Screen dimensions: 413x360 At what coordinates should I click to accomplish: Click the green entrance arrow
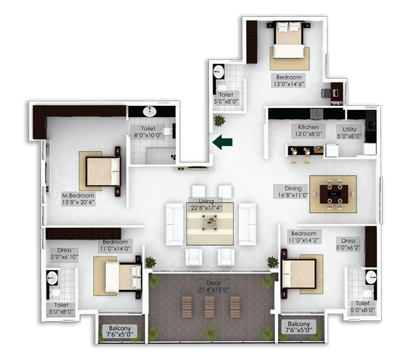click(x=222, y=142)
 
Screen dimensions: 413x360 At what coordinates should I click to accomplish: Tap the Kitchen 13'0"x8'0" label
click(x=308, y=131)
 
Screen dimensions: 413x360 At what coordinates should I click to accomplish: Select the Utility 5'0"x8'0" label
click(x=349, y=132)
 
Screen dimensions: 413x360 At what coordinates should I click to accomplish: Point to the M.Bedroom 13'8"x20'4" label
click(x=78, y=199)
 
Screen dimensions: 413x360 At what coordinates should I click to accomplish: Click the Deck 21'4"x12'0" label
click(x=214, y=286)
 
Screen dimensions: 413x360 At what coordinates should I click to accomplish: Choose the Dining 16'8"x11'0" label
click(x=293, y=191)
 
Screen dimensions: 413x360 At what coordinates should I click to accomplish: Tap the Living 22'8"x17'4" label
click(x=206, y=205)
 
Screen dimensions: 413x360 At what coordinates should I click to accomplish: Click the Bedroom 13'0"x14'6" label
click(x=288, y=81)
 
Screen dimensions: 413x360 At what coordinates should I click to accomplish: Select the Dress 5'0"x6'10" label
click(x=64, y=253)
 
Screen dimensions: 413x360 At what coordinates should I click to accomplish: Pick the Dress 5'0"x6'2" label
click(x=348, y=244)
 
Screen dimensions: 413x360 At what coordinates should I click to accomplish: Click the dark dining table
click(x=334, y=194)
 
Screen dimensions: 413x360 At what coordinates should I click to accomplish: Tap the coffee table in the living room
click(x=210, y=223)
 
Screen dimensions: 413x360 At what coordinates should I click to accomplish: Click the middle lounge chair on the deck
click(x=210, y=306)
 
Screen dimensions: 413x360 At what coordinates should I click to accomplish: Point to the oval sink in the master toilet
click(x=150, y=111)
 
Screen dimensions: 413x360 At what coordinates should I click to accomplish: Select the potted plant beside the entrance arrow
click(x=219, y=120)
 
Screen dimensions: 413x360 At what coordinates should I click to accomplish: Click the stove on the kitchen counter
click(x=317, y=114)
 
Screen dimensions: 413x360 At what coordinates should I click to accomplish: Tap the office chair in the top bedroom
click(x=326, y=93)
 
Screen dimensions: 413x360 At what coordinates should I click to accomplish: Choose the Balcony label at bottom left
click(x=120, y=331)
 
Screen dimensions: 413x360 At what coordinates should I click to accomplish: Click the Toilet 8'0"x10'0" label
click(x=148, y=132)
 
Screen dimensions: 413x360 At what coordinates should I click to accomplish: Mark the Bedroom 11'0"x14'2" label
click(x=304, y=237)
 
